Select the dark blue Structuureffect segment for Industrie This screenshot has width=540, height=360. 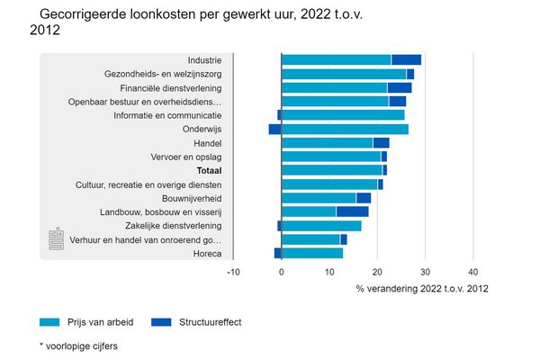(x=406, y=60)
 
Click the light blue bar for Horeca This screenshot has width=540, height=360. (x=312, y=253)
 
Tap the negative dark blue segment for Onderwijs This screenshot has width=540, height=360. (x=274, y=130)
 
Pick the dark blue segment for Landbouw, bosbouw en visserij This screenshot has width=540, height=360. (x=352, y=211)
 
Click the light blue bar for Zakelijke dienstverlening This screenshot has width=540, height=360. (x=321, y=226)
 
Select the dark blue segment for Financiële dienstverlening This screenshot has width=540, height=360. (x=399, y=88)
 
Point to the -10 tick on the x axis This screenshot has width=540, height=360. (x=232, y=271)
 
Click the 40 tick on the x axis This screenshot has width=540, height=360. (x=473, y=271)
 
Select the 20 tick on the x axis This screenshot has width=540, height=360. (x=377, y=271)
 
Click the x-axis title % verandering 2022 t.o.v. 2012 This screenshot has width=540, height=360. (x=423, y=288)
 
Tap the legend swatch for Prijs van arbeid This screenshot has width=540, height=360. (x=50, y=321)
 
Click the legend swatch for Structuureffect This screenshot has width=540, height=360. (x=162, y=321)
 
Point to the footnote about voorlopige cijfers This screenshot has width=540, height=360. (x=78, y=346)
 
